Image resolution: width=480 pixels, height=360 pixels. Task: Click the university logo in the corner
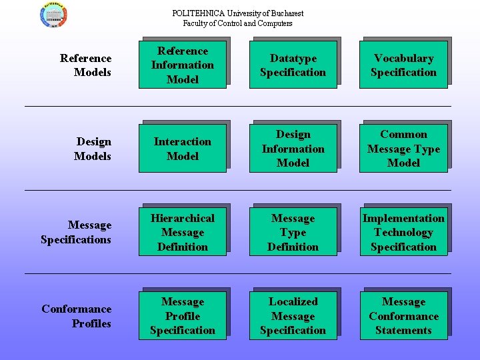click(x=53, y=15)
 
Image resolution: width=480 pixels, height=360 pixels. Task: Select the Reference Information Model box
click(x=183, y=65)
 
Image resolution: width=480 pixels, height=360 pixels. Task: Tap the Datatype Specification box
click(x=293, y=65)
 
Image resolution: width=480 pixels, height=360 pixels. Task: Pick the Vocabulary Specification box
click(x=403, y=65)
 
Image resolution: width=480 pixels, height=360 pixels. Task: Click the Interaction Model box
click(x=183, y=149)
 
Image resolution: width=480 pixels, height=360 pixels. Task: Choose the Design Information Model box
click(x=293, y=149)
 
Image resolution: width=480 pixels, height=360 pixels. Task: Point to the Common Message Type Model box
click(x=403, y=149)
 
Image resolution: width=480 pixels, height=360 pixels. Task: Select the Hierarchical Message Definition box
click(x=183, y=232)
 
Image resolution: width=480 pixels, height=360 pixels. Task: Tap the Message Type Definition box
click(x=293, y=232)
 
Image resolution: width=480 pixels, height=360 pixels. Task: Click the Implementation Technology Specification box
click(x=404, y=232)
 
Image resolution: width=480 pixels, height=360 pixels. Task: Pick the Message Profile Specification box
click(x=183, y=315)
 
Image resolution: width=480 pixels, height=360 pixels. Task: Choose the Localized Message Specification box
click(x=293, y=315)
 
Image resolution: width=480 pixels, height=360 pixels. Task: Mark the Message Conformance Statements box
click(x=404, y=315)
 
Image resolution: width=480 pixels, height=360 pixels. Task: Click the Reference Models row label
click(x=86, y=65)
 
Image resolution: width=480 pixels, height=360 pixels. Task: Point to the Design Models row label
click(x=93, y=149)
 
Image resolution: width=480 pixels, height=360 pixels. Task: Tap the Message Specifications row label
click(x=76, y=233)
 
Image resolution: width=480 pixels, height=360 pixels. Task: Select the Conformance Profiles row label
click(x=77, y=316)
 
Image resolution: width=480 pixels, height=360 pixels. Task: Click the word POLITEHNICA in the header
click(x=199, y=13)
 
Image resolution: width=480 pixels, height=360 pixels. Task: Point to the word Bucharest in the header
click(x=287, y=13)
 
